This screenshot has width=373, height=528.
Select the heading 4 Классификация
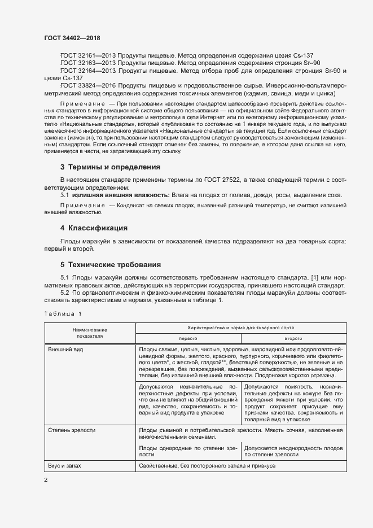(94, 228)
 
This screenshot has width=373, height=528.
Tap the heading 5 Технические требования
(110, 264)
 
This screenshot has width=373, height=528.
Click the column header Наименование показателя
(90, 332)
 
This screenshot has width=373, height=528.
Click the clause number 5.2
(66, 293)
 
